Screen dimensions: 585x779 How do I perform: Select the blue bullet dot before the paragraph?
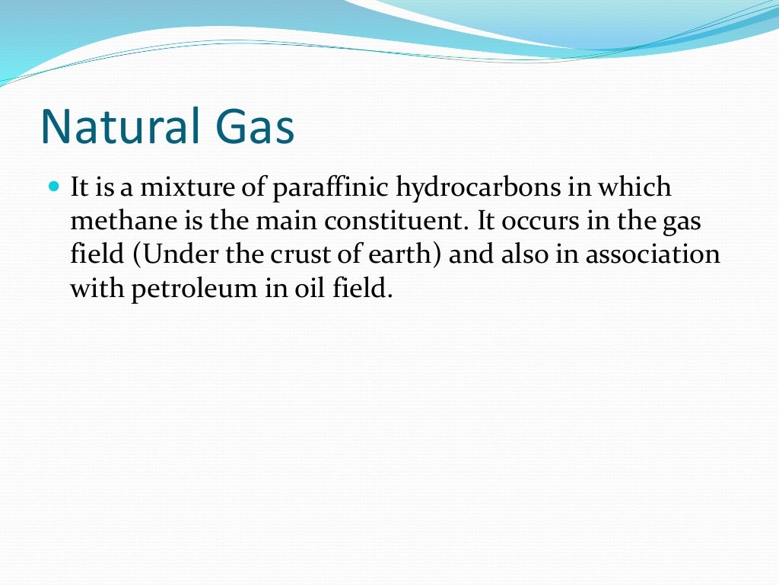point(53,185)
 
